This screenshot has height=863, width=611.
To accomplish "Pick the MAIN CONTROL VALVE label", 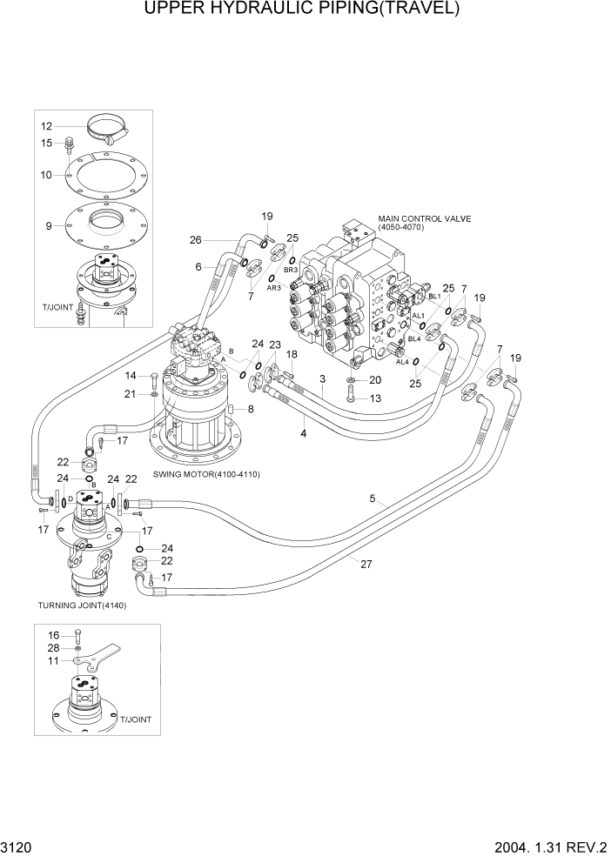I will [x=424, y=219].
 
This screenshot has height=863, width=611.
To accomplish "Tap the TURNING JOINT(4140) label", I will [x=82, y=605].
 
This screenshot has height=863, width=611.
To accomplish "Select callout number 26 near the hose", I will [x=196, y=240].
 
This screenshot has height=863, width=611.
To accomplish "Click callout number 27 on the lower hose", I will [x=366, y=563].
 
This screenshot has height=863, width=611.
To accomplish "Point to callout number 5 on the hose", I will [x=373, y=498].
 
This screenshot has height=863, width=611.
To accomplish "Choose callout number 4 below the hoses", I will [x=304, y=432].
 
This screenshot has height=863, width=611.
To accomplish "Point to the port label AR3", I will [x=272, y=288].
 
